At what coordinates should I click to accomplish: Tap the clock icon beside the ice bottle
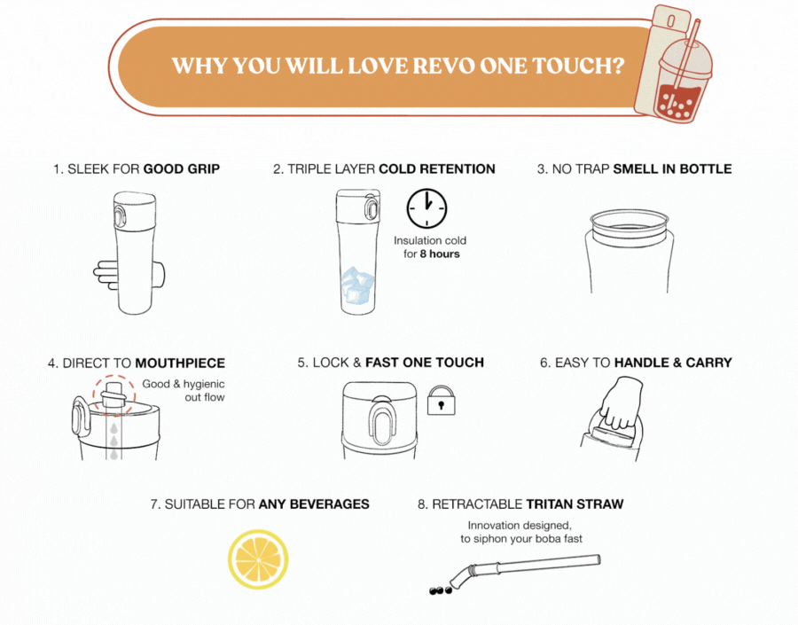426,208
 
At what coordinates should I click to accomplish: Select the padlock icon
441,400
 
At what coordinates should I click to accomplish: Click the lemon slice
258,559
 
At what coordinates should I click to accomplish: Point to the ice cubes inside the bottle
358,285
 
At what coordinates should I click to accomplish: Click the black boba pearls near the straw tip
441,590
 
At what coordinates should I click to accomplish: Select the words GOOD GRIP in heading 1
182,169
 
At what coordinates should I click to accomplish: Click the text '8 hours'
440,254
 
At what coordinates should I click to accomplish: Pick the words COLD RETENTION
437,169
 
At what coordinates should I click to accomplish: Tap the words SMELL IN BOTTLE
672,169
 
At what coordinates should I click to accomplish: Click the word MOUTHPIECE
180,363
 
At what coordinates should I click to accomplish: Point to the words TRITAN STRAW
575,504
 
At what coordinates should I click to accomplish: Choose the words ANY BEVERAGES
314,504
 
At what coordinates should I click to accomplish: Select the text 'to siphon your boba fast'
521,538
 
